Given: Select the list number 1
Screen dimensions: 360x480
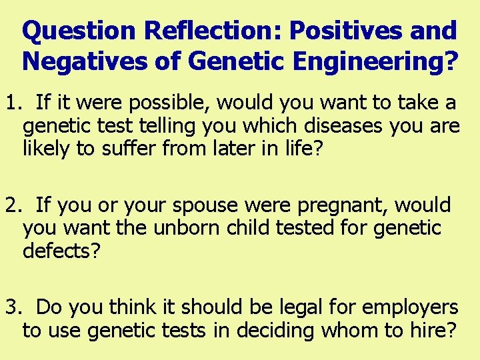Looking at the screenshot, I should (11, 103).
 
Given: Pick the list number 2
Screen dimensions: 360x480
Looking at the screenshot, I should (11, 205).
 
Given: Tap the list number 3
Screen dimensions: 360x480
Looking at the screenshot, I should (11, 307).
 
